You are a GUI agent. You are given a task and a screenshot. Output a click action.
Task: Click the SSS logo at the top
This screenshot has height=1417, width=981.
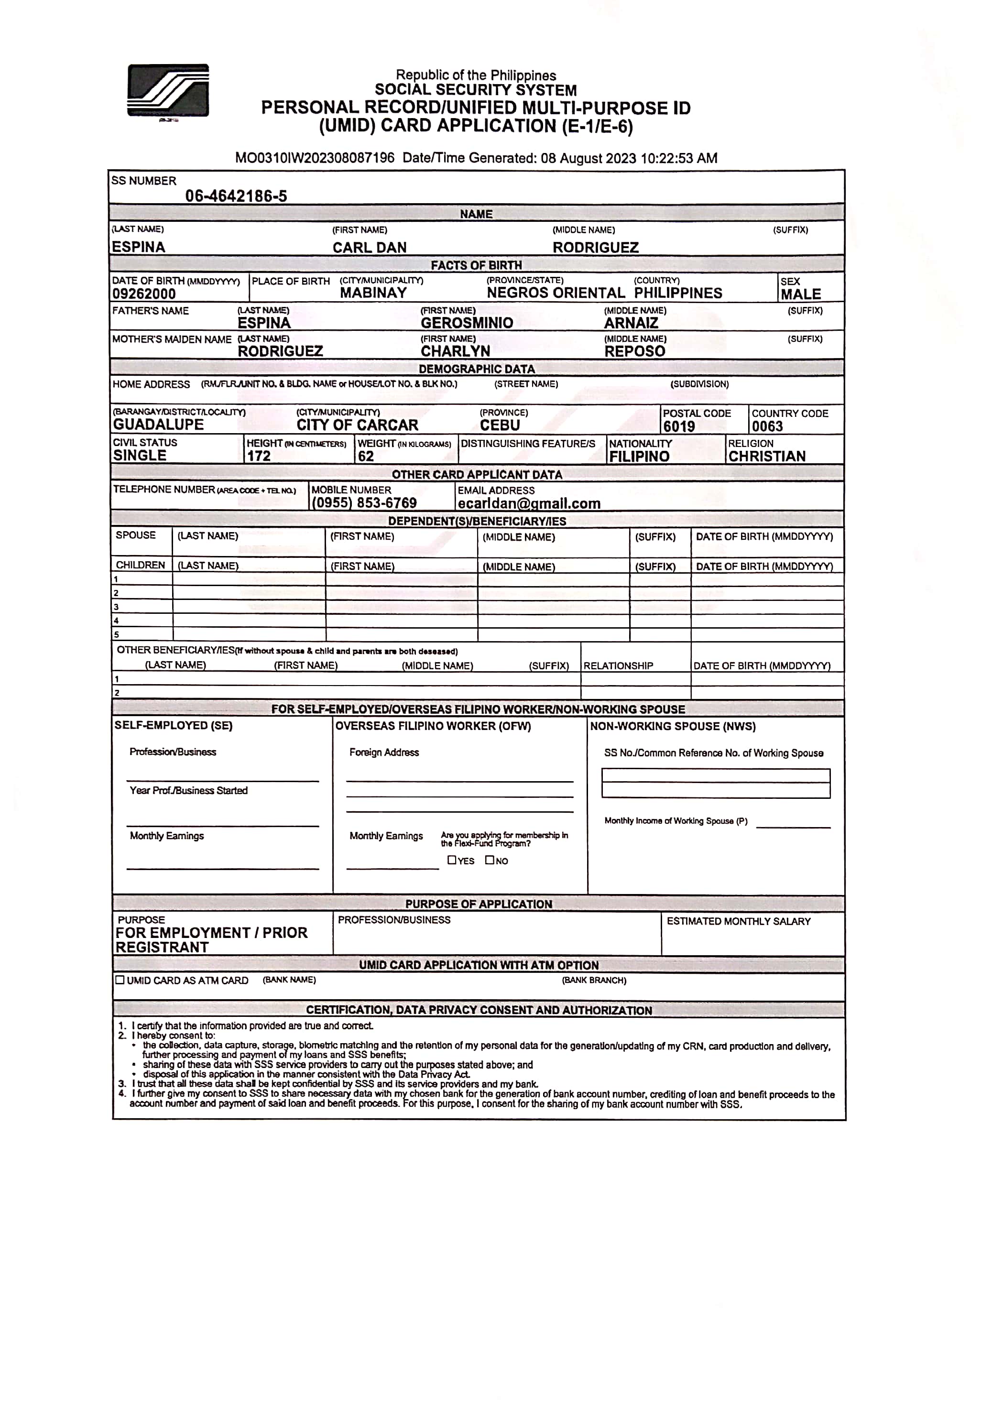pyautogui.click(x=168, y=91)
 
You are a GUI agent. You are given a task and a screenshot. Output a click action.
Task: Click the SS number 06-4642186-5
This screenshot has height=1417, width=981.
pyautogui.click(x=236, y=196)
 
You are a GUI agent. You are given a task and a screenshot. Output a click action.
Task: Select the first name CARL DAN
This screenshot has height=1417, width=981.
pyautogui.click(x=370, y=248)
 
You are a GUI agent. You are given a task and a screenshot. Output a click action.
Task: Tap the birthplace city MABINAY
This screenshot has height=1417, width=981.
pyautogui.click(x=373, y=293)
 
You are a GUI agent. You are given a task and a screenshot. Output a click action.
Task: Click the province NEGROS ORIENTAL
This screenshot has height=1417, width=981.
pyautogui.click(x=556, y=293)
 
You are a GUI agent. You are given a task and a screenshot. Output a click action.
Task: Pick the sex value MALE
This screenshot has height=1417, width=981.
pyautogui.click(x=800, y=294)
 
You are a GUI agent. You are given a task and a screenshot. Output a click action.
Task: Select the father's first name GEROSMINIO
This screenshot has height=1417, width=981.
pyautogui.click(x=467, y=323)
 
